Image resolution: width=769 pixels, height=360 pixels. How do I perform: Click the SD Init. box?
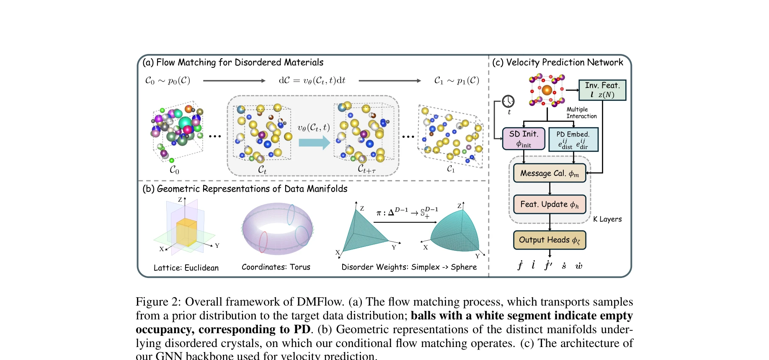(524, 139)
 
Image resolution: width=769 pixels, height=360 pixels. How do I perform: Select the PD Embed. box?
(573, 139)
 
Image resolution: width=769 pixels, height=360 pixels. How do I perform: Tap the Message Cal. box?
(550, 173)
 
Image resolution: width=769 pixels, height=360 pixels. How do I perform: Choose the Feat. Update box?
(550, 204)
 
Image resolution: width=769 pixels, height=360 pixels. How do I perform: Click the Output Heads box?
(550, 240)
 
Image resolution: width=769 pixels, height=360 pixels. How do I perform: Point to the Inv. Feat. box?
(602, 90)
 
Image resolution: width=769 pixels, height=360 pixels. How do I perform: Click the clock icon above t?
(508, 101)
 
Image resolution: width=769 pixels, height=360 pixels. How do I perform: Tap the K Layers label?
(607, 219)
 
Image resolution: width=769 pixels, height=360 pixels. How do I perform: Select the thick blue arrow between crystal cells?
(314, 143)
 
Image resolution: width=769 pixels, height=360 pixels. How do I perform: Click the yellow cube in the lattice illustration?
(186, 232)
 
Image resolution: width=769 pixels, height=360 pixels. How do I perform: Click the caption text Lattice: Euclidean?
(186, 267)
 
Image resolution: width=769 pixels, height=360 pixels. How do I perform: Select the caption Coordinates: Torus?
(276, 267)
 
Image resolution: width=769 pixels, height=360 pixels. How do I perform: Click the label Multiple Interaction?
(581, 113)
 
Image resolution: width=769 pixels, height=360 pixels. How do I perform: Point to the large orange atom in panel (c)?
(547, 90)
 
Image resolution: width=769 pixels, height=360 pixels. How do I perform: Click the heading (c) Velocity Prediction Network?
(557, 62)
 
